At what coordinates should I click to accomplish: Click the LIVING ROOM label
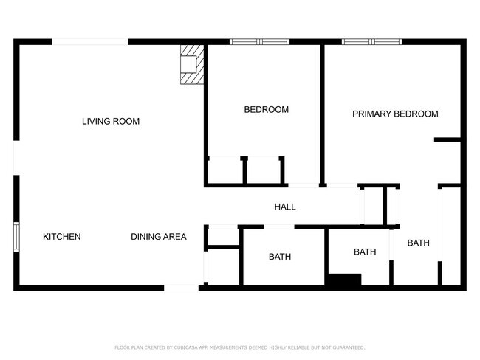tap(111, 121)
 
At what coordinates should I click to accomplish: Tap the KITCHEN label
tap(61, 237)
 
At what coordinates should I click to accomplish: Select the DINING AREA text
tap(159, 237)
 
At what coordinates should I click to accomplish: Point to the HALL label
tap(285, 207)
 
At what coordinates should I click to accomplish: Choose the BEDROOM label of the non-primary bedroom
tap(266, 109)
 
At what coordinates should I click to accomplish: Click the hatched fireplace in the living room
tap(191, 64)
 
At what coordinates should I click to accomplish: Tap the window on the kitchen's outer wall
tap(16, 237)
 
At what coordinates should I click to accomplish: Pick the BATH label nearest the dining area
tap(279, 257)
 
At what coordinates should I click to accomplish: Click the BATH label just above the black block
tap(365, 252)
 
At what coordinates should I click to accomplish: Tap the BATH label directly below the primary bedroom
tap(418, 243)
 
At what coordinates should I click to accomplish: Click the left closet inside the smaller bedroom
tap(226, 170)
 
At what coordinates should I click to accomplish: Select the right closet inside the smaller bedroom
tap(264, 170)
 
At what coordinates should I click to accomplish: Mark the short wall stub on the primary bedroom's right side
tap(447, 139)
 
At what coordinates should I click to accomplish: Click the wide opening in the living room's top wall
tap(90, 42)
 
